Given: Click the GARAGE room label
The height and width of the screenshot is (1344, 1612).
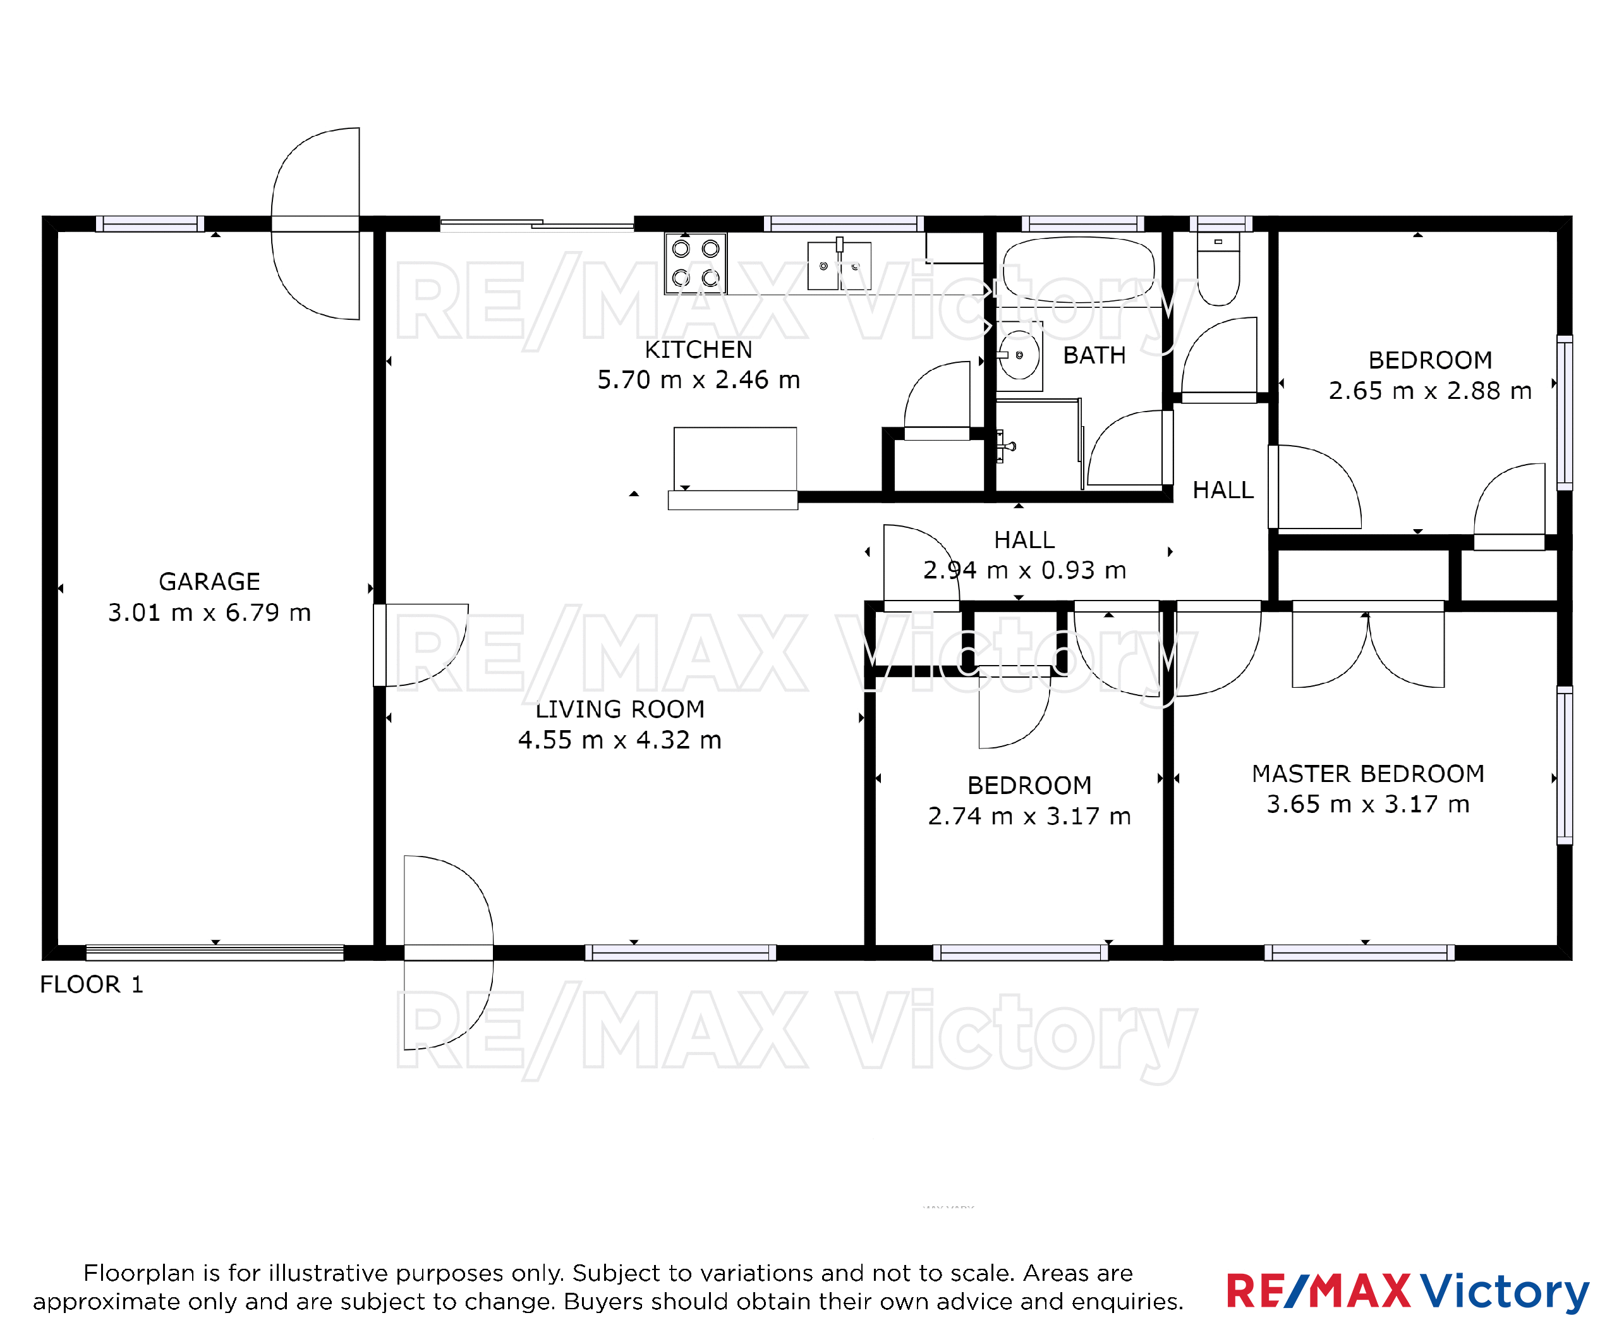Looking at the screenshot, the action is coord(210,582).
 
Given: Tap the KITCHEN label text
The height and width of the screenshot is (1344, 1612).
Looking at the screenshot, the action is coord(698,350).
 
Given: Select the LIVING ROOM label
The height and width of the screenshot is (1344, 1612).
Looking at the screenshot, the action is coord(621,709).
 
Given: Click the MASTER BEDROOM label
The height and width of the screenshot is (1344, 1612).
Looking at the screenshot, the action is coord(1368,773).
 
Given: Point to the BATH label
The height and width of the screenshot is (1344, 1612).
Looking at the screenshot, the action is coord(1094,355).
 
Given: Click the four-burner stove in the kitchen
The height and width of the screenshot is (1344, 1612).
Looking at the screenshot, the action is coord(696,264).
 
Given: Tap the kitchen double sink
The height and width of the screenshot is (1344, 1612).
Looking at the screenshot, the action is coord(839,266).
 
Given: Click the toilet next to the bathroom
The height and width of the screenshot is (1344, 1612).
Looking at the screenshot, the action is coord(1218,269).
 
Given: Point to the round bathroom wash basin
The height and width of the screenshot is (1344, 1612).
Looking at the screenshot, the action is coord(1019,355).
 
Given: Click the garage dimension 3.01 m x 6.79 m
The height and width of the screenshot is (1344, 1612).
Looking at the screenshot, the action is coord(210,612).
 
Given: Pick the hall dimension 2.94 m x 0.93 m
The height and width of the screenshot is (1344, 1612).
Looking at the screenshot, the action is coord(1025,570).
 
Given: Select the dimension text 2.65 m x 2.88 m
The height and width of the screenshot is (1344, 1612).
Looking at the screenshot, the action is coord(1430,390).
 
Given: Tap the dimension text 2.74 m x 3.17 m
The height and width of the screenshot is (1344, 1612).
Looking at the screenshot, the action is coord(1029,816).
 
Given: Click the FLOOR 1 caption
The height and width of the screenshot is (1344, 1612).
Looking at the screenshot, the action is coord(92,984).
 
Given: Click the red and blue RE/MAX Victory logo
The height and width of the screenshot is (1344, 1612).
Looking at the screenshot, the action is coord(1407,1291).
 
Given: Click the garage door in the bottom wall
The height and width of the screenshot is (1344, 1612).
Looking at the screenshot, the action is coord(215,952).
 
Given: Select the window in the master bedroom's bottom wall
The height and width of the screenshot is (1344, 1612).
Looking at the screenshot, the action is coord(1359,952).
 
